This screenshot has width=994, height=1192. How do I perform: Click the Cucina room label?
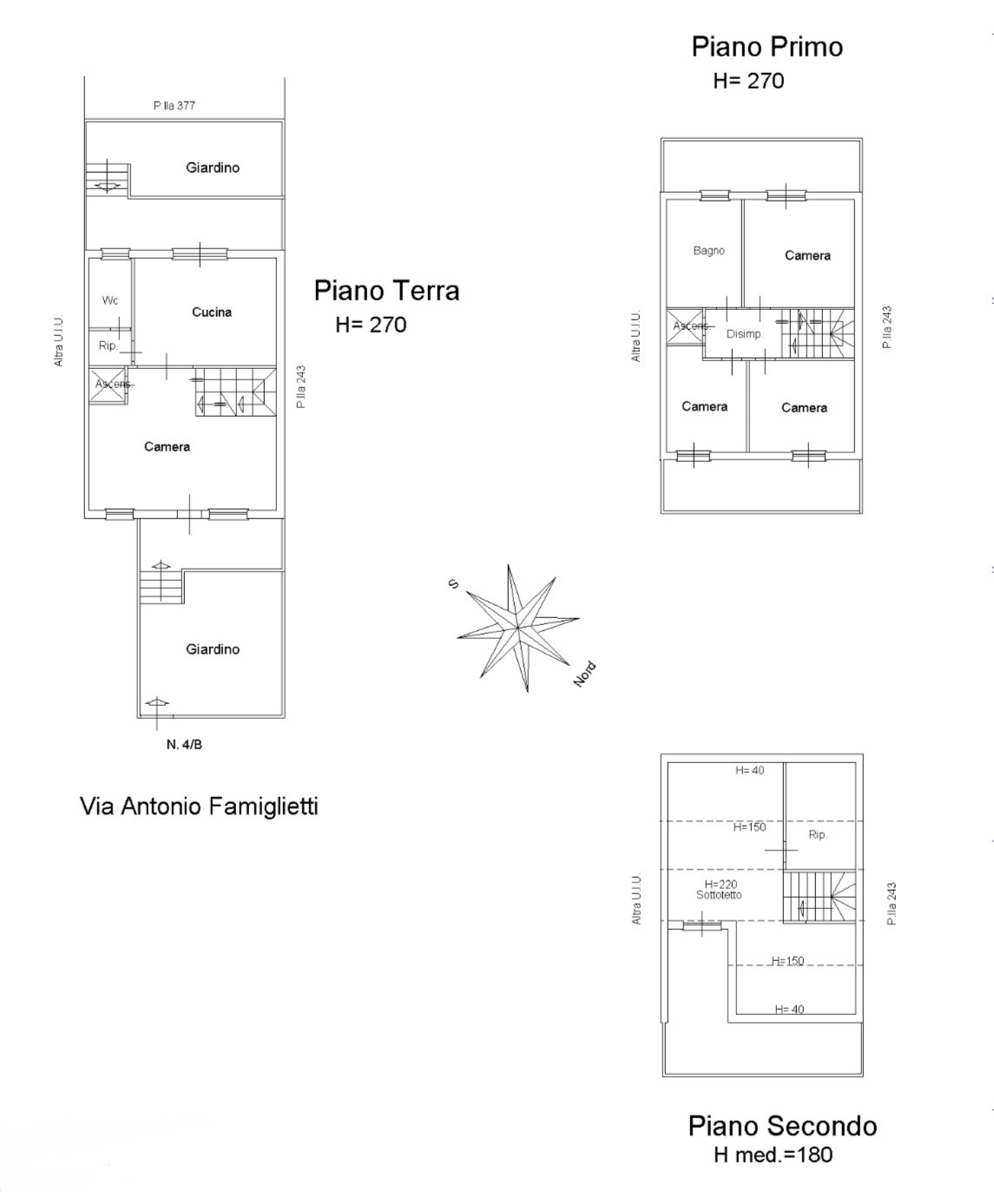pos(212,313)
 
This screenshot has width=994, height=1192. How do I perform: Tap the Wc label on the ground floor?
pos(109,300)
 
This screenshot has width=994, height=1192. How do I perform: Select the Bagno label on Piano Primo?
pos(709,251)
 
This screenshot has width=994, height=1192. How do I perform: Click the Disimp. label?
pos(745,334)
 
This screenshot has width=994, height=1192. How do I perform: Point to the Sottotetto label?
pos(719,895)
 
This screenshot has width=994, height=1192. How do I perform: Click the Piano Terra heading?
pos(386,291)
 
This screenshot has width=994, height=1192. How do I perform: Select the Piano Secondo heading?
pos(782,1126)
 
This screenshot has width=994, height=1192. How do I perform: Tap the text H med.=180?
pos(773,1155)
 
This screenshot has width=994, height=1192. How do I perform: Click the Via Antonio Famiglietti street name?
pos(199,807)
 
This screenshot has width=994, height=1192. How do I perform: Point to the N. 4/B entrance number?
pos(184,744)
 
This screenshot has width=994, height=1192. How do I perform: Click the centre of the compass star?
pos(518,628)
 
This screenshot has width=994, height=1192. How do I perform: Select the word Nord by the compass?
pos(584,675)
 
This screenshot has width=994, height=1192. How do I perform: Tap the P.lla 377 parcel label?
pos(174,106)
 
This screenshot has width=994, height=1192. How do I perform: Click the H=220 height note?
pos(721,885)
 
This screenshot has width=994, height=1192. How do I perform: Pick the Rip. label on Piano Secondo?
pos(818,835)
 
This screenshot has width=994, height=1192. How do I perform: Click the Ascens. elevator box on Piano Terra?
pos(108,385)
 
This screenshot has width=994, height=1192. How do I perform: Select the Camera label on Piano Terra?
pos(167,447)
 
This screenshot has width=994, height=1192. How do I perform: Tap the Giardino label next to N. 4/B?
pos(213,649)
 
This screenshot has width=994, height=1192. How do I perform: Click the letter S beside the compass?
pos(454,583)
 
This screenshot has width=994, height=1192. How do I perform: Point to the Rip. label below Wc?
pos(108,346)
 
